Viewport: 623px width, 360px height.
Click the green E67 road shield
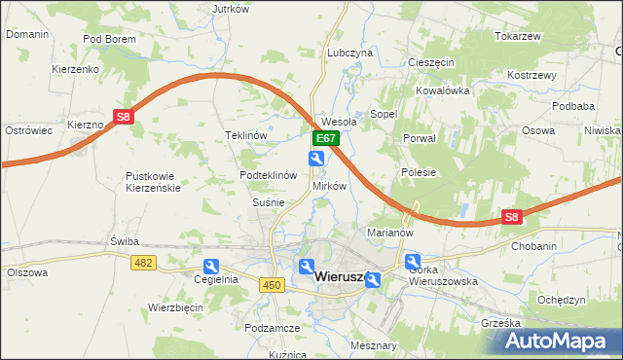[x=325, y=140]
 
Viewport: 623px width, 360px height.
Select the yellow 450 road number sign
[x=272, y=283]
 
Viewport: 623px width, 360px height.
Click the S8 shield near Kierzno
[x=123, y=117]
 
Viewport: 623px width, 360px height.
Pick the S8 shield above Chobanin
[x=512, y=218]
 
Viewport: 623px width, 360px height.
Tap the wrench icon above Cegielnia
[x=211, y=266]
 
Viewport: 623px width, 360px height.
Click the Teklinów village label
[x=245, y=135]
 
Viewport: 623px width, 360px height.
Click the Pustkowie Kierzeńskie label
[x=153, y=182]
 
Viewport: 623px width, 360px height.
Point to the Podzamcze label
[x=272, y=329]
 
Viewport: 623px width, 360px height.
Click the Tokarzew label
[x=517, y=36]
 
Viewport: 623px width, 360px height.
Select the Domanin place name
[x=27, y=34]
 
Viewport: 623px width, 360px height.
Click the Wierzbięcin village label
[x=174, y=306]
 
